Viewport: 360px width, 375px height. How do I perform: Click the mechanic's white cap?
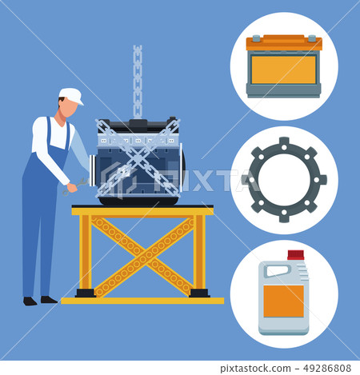pos(71,95)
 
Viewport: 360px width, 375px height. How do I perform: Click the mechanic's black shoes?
pos(39,300)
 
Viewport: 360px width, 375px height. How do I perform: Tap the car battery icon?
pos(283,66)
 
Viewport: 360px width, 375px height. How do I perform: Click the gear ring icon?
pos(284,180)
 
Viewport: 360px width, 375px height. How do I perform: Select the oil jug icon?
pos(284,293)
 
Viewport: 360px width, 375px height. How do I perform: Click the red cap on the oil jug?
pos(296,255)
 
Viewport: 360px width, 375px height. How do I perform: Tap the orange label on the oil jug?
pos(283,301)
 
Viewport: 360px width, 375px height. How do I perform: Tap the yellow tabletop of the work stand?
pos(142,210)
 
